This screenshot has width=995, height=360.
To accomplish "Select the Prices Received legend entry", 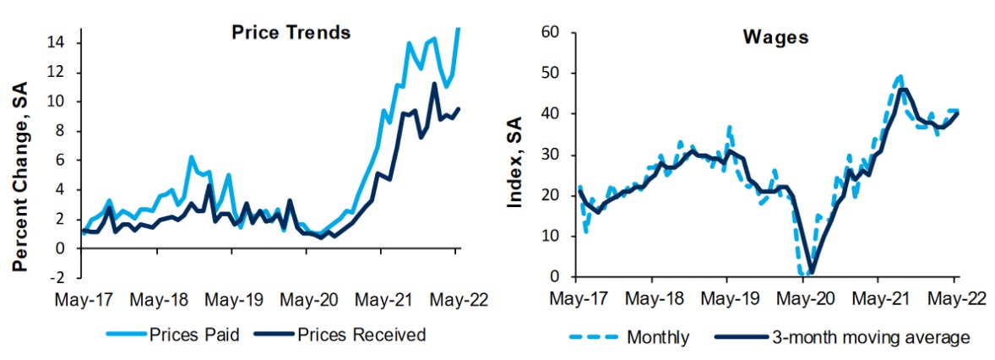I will [x=362, y=335].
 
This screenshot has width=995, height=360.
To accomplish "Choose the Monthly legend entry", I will [x=658, y=337].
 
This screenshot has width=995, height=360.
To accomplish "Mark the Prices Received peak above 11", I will [x=434, y=83].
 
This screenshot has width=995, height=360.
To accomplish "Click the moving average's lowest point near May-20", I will [x=810, y=273].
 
